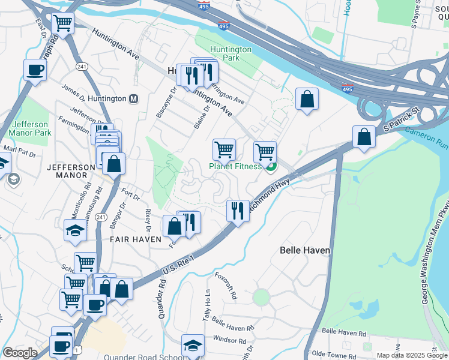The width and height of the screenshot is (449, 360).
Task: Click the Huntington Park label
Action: tap(231, 53)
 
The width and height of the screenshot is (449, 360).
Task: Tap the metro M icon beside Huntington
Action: tap(134, 98)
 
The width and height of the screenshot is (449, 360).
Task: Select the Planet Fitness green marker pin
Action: tap(271, 166)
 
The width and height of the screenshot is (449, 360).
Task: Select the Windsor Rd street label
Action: tap(226, 340)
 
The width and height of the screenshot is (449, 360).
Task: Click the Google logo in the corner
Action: tap(20, 353)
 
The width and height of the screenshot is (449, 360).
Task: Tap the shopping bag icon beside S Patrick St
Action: tap(364, 137)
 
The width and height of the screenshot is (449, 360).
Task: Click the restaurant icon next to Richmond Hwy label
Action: tap(238, 211)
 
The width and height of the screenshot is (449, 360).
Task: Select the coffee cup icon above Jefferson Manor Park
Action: tap(35, 70)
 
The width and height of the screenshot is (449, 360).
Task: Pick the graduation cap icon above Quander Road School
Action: tap(193, 345)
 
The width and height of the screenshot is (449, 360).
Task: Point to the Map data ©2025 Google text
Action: tap(411, 355)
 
